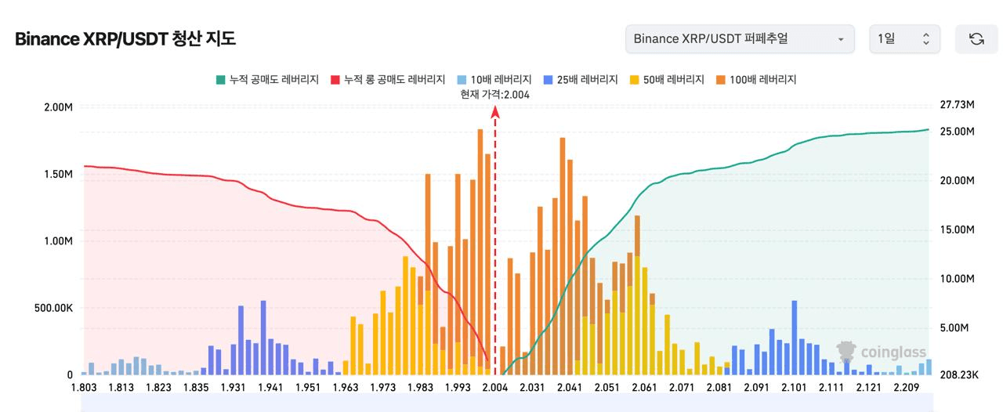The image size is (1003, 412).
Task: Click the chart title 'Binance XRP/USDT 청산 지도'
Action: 125,39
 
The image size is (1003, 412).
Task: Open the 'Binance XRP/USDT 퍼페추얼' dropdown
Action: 740,39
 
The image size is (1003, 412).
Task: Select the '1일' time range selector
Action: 904,39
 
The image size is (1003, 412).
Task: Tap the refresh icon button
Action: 976,39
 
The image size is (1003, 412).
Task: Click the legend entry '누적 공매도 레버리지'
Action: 267,80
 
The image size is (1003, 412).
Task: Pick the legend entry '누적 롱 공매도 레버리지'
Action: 388,80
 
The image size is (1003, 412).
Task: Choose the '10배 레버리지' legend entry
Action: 494,80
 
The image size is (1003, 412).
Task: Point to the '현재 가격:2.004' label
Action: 495,95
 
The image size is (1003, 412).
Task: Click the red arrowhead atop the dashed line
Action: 495,112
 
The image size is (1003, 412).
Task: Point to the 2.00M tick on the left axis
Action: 59,107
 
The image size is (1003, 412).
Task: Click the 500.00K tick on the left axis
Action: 53,308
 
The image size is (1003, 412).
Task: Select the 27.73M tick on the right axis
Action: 956,105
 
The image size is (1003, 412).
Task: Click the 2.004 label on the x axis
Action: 495,388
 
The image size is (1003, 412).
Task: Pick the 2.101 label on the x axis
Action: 794,388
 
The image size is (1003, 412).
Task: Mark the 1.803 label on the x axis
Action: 84,388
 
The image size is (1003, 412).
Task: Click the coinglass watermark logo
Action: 882,352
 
